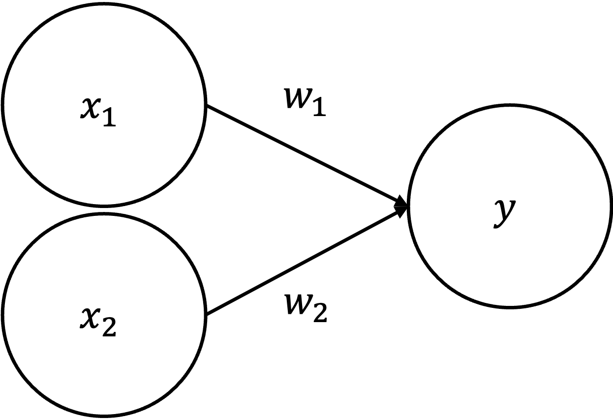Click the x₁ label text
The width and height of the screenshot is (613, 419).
pyautogui.click(x=98, y=111)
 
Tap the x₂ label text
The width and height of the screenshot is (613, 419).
pyautogui.click(x=98, y=321)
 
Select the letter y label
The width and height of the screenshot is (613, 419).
pyautogui.click(x=505, y=212)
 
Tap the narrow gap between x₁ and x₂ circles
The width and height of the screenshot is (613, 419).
pyautogui.click(x=104, y=210)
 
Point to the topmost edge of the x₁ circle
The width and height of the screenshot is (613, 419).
pyautogui.click(x=104, y=6)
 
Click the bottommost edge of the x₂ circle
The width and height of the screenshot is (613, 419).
pyautogui.click(x=104, y=413)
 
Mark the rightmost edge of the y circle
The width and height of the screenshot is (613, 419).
pyautogui.click(x=609, y=207)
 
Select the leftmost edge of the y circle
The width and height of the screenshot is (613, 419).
pyautogui.click(x=411, y=207)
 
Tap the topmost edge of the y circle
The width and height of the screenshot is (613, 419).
pyautogui.click(x=510, y=108)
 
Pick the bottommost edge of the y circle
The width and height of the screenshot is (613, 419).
pyautogui.click(x=510, y=305)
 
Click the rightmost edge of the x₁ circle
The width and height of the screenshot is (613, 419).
pyautogui.click(x=203, y=105)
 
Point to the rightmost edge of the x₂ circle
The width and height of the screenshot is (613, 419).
pyautogui.click(x=203, y=315)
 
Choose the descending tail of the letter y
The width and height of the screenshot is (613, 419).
pyautogui.click(x=498, y=225)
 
